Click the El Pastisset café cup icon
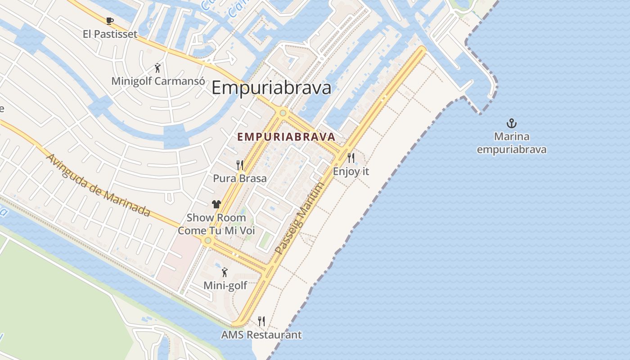tap(110, 21)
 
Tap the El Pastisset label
tap(110, 34)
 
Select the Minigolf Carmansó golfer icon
tap(157, 68)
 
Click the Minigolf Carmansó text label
tap(158, 81)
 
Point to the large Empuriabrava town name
tap(271, 88)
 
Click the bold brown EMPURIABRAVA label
tap(286, 137)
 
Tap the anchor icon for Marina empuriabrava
tap(511, 123)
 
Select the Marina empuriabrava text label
tap(512, 143)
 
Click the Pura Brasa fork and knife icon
tap(240, 165)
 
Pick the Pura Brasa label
tap(240, 178)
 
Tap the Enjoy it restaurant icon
tap(351, 158)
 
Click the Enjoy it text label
tap(351, 171)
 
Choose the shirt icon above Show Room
tap(216, 204)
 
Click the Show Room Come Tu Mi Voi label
tap(216, 224)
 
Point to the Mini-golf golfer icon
tap(225, 272)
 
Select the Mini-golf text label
tap(225, 285)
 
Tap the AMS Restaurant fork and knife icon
tap(261, 321)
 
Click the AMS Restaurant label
tap(261, 335)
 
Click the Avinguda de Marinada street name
tap(98, 185)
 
